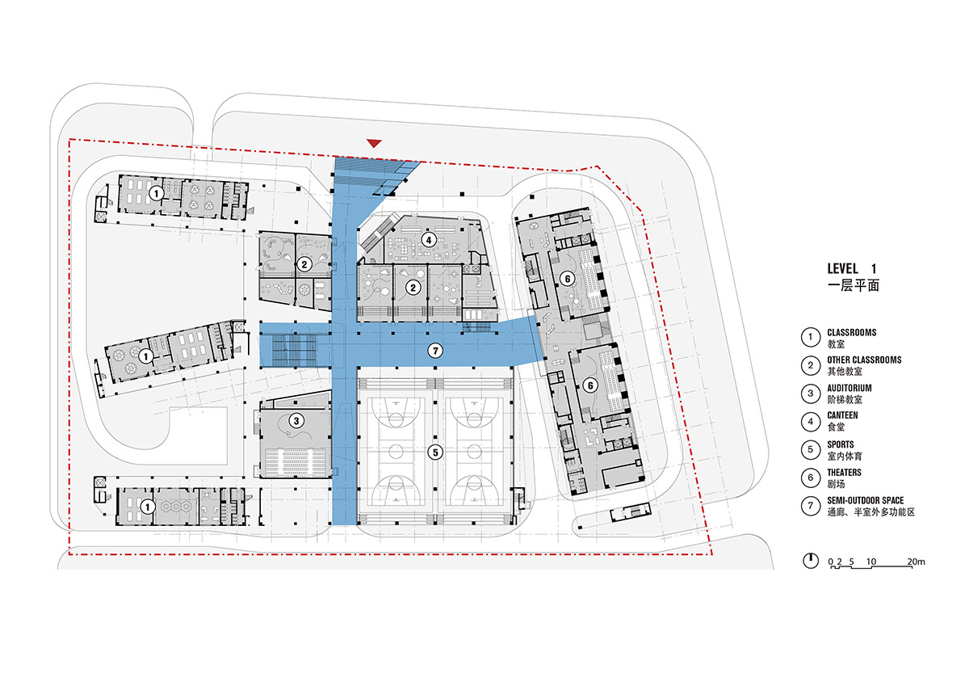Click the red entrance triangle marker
[x=374, y=143]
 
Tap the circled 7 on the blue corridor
[x=435, y=351]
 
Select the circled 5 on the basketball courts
[x=435, y=452]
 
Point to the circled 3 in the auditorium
[x=296, y=421]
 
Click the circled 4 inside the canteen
[x=429, y=240]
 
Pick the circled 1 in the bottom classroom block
[x=148, y=507]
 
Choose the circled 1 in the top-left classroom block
[x=156, y=193]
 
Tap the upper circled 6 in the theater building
[x=568, y=279]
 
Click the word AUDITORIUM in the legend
[x=849, y=388]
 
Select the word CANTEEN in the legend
[x=842, y=415]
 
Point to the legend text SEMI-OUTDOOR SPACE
[x=865, y=501]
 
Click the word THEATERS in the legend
[x=844, y=473]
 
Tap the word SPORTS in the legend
[x=841, y=445]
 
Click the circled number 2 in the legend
[x=810, y=366]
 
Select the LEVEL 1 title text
[x=852, y=269]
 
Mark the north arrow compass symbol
[x=810, y=561]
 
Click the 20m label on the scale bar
[x=916, y=562]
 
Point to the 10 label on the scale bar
[x=870, y=562]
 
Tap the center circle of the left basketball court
[x=396, y=452]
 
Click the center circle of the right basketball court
[x=474, y=452]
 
